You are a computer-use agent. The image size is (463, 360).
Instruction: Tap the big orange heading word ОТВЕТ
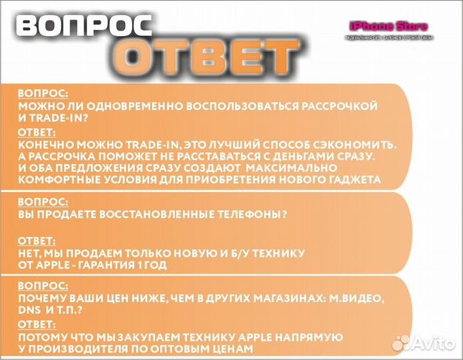coord(208,55)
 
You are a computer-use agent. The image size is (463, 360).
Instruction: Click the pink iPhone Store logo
coord(388,27)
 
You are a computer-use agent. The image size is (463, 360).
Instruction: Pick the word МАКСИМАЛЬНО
coord(315,167)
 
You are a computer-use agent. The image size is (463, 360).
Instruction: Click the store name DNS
coord(30,311)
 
